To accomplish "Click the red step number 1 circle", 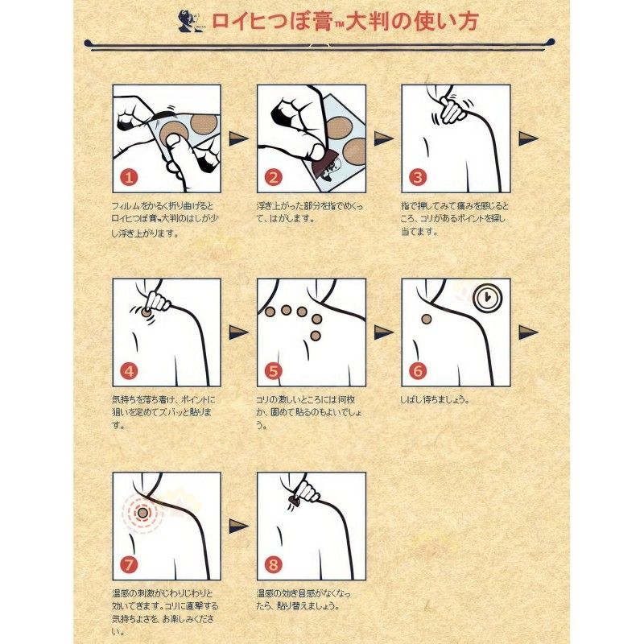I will (x=130, y=177).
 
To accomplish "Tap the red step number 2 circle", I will (x=275, y=177).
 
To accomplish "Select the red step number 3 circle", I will (x=418, y=177).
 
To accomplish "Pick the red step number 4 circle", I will (x=130, y=371).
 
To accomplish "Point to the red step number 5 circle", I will (x=275, y=371).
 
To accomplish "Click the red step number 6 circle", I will (x=418, y=371).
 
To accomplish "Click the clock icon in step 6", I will (x=486, y=297).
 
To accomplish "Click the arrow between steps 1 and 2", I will (x=239, y=138).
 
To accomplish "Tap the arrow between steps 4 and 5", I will (x=239, y=332).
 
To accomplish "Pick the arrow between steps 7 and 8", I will (x=239, y=526).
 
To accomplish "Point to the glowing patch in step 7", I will (x=142, y=512).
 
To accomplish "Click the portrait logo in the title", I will (x=191, y=19).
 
